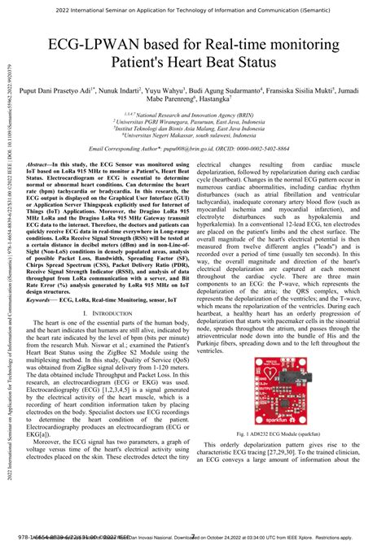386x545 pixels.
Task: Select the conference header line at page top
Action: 193,8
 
